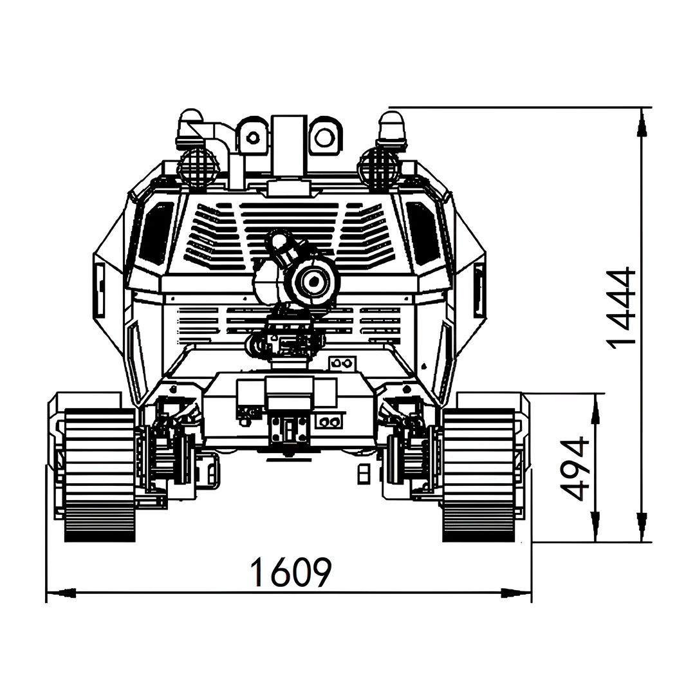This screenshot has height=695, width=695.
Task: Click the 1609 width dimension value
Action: (x=291, y=572)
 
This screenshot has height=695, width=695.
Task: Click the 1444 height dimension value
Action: (x=621, y=308)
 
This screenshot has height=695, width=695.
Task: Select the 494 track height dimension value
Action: (x=575, y=469)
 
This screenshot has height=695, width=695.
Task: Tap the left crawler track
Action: (x=100, y=475)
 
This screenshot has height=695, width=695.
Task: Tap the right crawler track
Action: (x=479, y=475)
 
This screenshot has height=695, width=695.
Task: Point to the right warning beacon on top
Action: (x=392, y=129)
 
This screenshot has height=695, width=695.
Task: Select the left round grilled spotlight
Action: (x=198, y=169)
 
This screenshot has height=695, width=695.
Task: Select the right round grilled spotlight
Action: (x=378, y=169)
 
